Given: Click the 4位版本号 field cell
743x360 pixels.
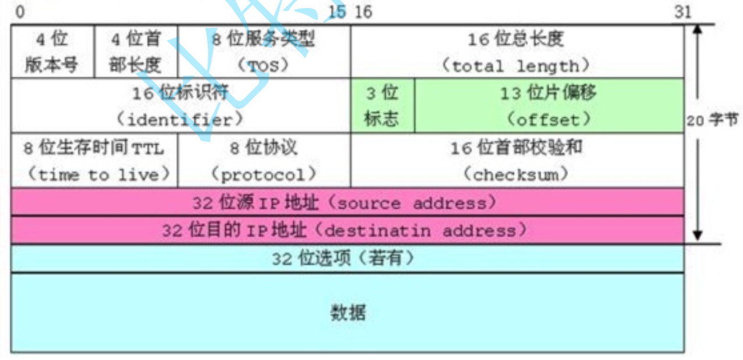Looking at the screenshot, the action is [52, 52].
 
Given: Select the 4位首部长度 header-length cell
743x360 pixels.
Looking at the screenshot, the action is [136, 52].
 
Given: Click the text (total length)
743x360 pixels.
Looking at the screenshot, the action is [516, 65].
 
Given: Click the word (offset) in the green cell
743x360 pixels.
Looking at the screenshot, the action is [548, 120].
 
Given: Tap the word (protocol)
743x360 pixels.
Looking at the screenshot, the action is [263, 174].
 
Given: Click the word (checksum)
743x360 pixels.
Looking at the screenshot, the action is [516, 174].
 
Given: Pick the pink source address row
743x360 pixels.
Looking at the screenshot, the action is [347, 202].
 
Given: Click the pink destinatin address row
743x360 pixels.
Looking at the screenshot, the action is [347, 231].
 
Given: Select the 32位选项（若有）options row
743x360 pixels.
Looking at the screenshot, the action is [347, 258].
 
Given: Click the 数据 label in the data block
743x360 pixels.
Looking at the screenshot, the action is [348, 313].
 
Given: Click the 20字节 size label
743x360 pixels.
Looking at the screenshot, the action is [720, 120].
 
